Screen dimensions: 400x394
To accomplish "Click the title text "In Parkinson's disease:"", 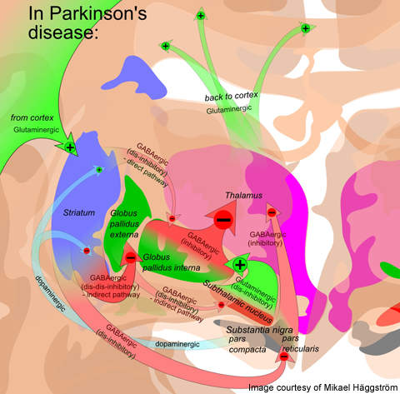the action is coord(87,22).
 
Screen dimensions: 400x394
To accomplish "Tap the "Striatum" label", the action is coord(79,213).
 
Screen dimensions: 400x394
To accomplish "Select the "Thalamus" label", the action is coord(243,196).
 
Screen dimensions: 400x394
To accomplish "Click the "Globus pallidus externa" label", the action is coord(124,224).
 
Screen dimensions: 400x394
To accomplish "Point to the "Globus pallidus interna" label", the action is coord(171,262).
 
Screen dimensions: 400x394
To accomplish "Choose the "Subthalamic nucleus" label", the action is coord(237,302).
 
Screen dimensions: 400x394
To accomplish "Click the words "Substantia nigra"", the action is coord(259,330).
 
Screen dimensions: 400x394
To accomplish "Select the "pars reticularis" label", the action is coord(300,344).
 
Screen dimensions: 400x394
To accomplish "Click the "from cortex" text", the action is coord(32,117).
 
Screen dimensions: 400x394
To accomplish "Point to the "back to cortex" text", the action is coord(232,96).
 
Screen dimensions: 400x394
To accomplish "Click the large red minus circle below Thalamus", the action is coord(223,220).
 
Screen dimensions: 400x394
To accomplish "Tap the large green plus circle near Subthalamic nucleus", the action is coord(240,265).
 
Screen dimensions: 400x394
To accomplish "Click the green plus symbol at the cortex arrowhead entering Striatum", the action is coord(70,147).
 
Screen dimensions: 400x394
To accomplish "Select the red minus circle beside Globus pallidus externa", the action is coord(131,257).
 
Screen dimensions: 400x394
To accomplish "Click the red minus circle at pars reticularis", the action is coord(284,357).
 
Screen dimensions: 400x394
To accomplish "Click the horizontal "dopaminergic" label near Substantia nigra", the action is coord(177,344).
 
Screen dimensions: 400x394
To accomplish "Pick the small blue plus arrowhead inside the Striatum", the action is coord(99,169).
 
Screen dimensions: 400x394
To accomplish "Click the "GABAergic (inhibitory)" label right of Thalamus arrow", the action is coord(267,239).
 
